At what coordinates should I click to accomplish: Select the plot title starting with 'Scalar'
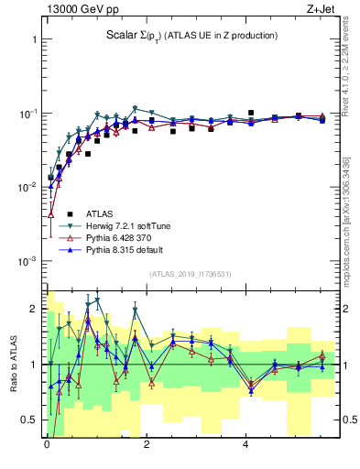[191, 36]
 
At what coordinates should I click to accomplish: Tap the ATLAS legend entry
[102, 213]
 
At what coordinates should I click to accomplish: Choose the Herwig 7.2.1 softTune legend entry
[127, 224]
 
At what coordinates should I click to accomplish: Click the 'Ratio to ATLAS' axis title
[13, 364]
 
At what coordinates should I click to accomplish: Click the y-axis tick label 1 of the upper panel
[34, 40]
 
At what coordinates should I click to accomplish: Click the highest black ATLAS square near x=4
[251, 114]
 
